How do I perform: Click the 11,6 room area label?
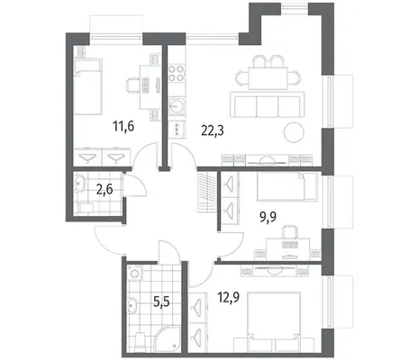(123, 126)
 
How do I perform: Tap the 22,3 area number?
(213, 130)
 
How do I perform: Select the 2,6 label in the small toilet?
(104, 190)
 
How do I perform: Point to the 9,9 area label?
(268, 216)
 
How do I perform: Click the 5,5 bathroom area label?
(161, 301)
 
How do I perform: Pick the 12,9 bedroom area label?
(229, 298)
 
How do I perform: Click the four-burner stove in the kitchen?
(177, 73)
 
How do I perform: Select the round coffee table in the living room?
(294, 132)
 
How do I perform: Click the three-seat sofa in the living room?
(268, 105)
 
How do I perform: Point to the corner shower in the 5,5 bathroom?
(169, 337)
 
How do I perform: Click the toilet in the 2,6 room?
(85, 207)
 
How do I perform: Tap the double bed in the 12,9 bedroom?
(274, 316)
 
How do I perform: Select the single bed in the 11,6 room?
(88, 86)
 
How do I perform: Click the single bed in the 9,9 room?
(287, 186)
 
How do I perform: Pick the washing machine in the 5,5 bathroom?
(134, 273)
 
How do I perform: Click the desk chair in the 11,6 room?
(132, 85)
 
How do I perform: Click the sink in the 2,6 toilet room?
(80, 184)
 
